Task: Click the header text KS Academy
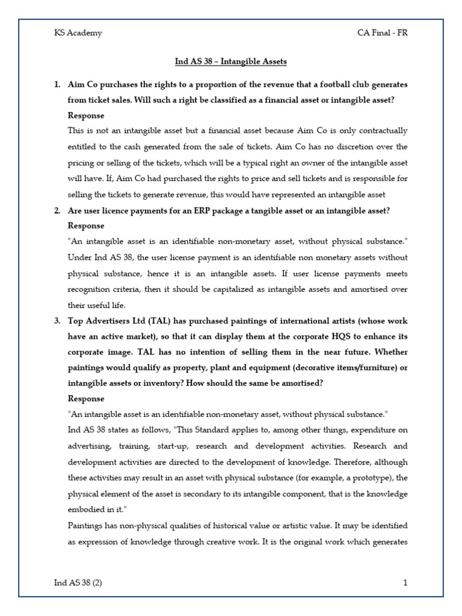[78, 33]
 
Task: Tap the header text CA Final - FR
[382, 33]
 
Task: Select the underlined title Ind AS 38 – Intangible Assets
[231, 61]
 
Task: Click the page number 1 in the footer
[405, 582]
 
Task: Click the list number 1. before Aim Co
[58, 84]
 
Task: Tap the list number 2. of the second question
[58, 210]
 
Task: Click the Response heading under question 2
[86, 226]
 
